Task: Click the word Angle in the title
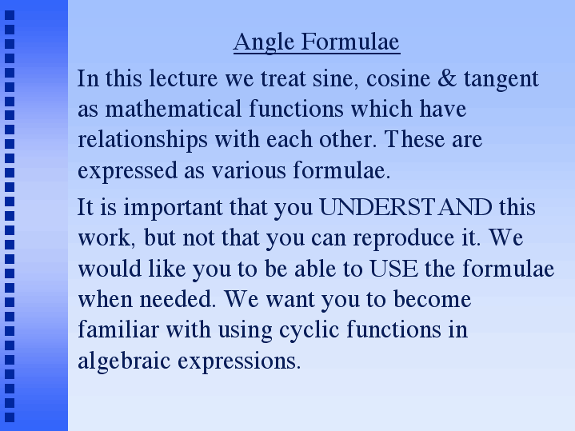264,42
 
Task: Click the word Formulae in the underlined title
350,41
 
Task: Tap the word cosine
398,79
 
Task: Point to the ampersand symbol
447,78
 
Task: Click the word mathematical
174,109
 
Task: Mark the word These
414,139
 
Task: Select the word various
249,171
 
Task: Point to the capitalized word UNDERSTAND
405,207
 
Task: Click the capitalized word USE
393,269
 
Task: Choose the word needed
178,299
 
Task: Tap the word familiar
118,329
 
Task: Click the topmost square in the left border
10,15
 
